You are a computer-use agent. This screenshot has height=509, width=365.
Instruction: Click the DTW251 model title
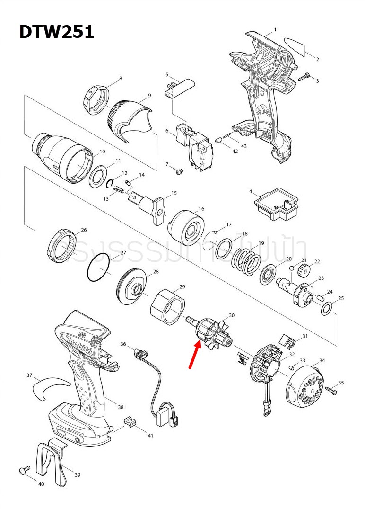click(56, 32)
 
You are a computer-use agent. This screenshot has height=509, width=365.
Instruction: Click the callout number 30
click(231, 315)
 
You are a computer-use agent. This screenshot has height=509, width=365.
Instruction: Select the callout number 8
click(121, 78)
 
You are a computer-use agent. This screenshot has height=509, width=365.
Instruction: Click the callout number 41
click(151, 435)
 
